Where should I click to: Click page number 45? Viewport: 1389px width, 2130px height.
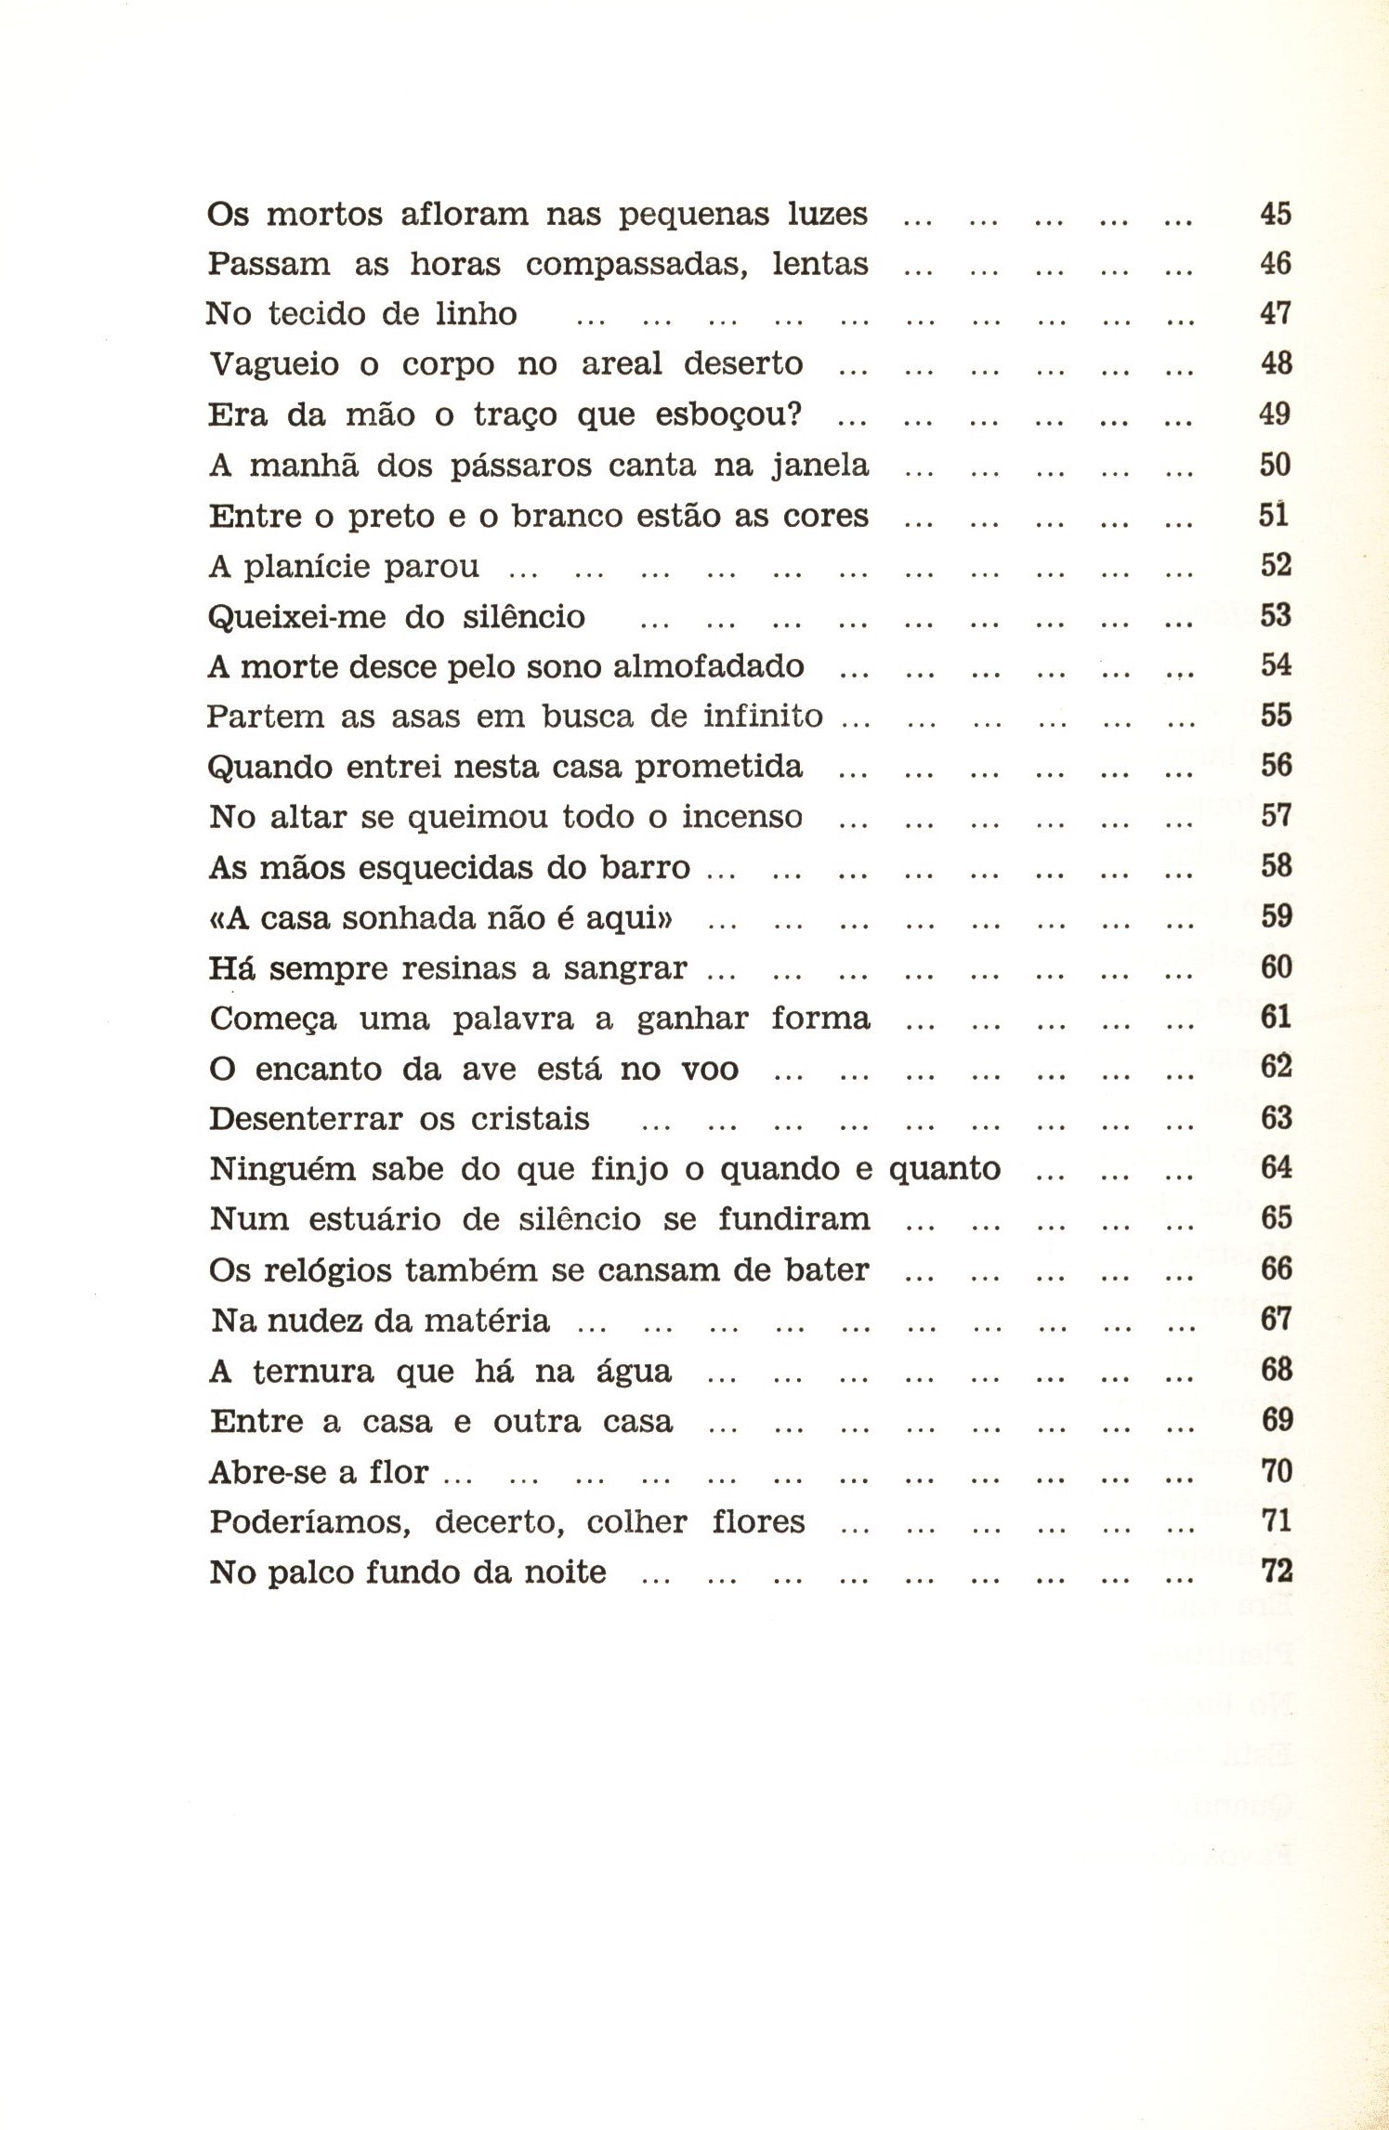1276,214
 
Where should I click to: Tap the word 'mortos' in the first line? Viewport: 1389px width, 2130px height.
323,215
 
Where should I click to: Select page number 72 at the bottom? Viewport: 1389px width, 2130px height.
1277,1571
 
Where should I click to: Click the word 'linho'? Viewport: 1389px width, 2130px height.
476,314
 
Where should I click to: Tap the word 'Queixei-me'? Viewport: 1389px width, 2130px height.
296,617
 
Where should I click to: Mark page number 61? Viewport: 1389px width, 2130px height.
1276,1018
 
